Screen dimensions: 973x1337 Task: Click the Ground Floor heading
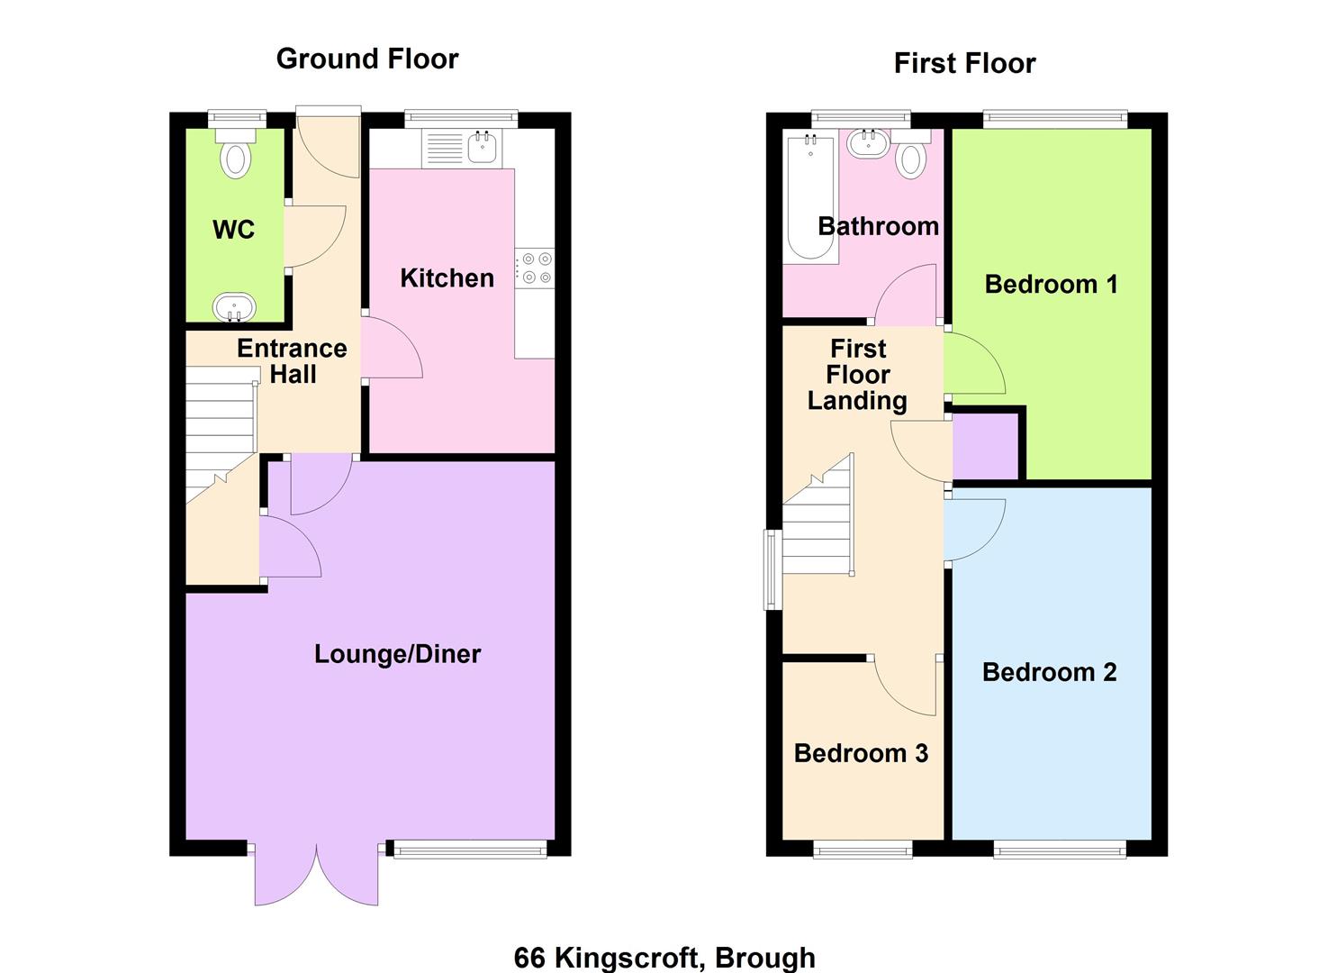pyautogui.click(x=366, y=59)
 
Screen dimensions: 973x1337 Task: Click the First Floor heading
pyautogui.click(x=964, y=63)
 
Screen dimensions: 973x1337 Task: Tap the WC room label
pyautogui.click(x=233, y=230)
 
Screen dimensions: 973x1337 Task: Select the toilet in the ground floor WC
pyautogui.click(x=235, y=155)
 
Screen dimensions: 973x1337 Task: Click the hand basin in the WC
pyautogui.click(x=234, y=307)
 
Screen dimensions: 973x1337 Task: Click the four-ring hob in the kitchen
pyautogui.click(x=535, y=268)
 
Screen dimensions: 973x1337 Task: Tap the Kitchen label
pyautogui.click(x=447, y=277)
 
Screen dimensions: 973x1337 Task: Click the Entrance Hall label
pyautogui.click(x=292, y=360)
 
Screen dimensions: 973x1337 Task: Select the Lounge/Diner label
pyautogui.click(x=397, y=653)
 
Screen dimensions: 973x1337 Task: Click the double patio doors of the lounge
pyautogui.click(x=316, y=874)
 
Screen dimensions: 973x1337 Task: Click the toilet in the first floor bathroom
pyautogui.click(x=911, y=156)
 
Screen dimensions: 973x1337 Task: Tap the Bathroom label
pyautogui.click(x=878, y=226)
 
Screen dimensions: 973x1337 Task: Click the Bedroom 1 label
pyautogui.click(x=1051, y=285)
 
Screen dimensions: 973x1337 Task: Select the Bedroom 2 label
pyautogui.click(x=1049, y=672)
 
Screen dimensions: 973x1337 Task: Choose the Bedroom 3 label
pyautogui.click(x=861, y=753)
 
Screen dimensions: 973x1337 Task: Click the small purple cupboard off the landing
pyautogui.click(x=985, y=447)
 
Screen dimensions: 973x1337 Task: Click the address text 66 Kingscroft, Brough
pyautogui.click(x=664, y=957)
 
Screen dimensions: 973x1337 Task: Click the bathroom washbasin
pyautogui.click(x=869, y=142)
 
